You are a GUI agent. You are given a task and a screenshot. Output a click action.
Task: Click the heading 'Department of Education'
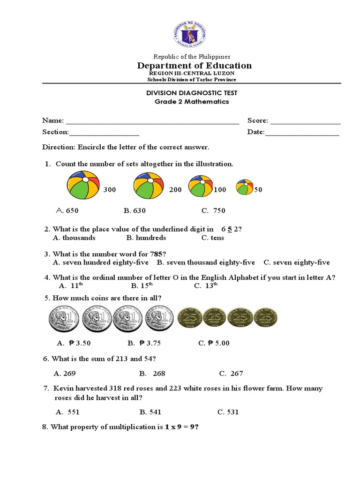(x=194, y=66)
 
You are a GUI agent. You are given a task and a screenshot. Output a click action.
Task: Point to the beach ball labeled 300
(x=83, y=185)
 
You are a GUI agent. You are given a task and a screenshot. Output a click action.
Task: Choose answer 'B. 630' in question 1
(x=135, y=210)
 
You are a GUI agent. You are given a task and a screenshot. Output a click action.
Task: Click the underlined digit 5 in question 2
(x=230, y=229)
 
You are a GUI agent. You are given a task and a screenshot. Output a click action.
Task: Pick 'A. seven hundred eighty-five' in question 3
(x=102, y=262)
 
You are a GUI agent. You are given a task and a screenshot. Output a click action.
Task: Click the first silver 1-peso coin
(x=61, y=320)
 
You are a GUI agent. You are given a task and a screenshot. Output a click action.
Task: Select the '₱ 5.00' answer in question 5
(x=214, y=343)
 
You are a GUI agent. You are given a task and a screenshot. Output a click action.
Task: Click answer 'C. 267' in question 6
(x=231, y=374)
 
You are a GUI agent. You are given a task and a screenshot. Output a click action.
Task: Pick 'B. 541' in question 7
(x=150, y=412)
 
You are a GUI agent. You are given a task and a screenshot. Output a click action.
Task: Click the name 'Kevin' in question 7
(x=64, y=389)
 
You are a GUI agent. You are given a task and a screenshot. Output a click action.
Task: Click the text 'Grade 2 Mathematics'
(x=192, y=102)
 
